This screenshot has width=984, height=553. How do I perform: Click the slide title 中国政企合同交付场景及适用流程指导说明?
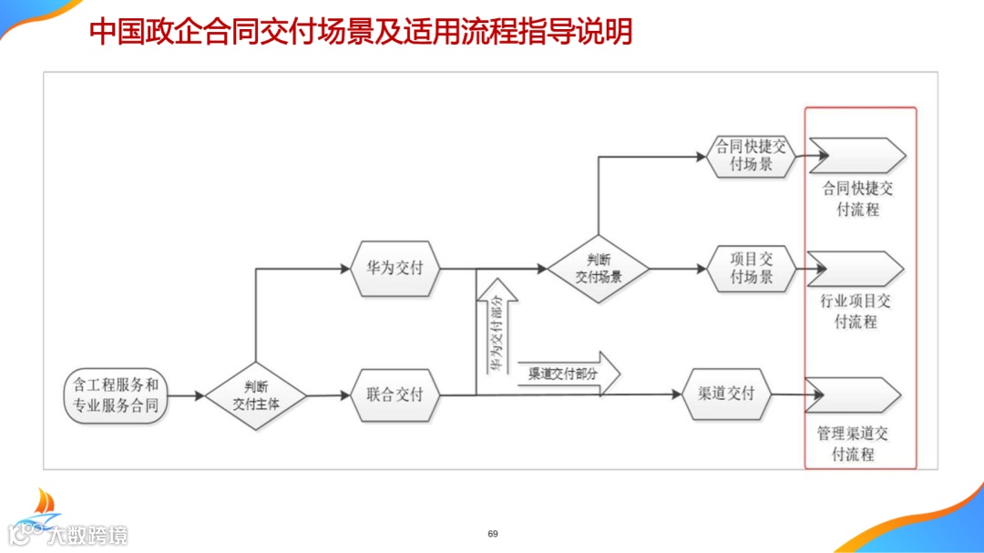click(x=361, y=33)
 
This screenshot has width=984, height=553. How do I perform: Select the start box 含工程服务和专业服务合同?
click(x=116, y=395)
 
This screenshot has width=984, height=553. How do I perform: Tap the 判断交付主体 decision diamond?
click(x=255, y=395)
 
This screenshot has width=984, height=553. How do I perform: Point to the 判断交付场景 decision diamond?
click(x=598, y=269)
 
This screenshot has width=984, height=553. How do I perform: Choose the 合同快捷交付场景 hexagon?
click(x=751, y=157)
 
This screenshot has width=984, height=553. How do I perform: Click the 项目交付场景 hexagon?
click(x=751, y=268)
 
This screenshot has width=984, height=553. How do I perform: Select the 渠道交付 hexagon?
click(x=726, y=394)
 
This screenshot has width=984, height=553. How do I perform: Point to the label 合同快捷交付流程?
click(x=856, y=199)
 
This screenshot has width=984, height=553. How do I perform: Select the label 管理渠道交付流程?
click(x=854, y=444)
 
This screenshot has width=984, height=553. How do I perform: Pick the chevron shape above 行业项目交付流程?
click(x=856, y=269)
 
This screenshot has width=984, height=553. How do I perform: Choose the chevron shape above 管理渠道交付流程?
click(x=854, y=394)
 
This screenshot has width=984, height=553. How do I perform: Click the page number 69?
click(x=493, y=533)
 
